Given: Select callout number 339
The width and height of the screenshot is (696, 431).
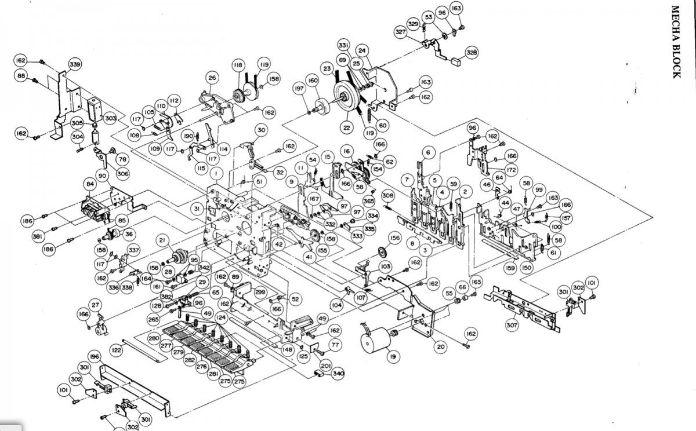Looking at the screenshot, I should [75, 64].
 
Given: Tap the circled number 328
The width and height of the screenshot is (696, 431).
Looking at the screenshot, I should [472, 53].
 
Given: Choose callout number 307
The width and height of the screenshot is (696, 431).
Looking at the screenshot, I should [512, 326].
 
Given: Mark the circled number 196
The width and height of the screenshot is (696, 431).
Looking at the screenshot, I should [95, 355].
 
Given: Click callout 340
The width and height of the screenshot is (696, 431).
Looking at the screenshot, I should [338, 374].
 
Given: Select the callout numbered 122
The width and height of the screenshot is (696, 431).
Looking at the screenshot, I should [117, 350].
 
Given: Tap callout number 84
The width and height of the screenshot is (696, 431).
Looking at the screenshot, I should [90, 184].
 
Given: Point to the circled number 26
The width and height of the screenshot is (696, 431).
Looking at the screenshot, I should [212, 78].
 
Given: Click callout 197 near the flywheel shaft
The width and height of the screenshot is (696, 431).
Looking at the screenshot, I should [299, 89].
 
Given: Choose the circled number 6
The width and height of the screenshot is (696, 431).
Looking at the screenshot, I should [428, 152].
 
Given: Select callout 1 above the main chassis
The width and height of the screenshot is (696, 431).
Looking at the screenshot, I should [215, 173].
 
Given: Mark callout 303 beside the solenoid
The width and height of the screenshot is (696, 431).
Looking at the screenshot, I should [110, 118].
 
